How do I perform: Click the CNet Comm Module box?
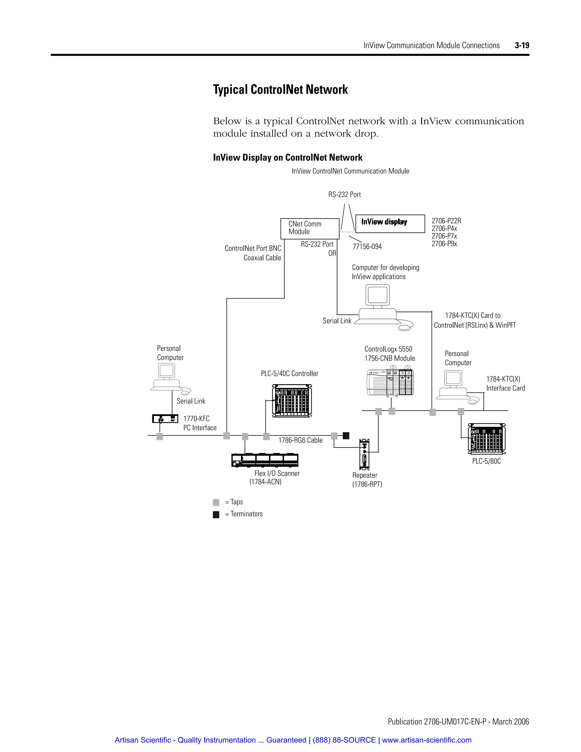click(310, 229)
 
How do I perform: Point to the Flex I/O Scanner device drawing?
click(265, 460)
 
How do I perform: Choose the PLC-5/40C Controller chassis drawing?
click(292, 401)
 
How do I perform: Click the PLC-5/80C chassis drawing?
click(486, 439)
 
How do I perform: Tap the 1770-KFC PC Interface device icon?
click(165, 419)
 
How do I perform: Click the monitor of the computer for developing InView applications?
click(378, 295)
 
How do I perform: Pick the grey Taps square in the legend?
click(216, 502)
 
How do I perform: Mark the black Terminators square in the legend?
click(216, 515)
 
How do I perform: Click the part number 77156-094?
click(367, 247)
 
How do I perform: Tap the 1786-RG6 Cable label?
click(300, 440)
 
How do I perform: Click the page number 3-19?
click(522, 45)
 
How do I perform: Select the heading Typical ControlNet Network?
click(280, 89)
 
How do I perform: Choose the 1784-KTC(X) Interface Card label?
click(505, 384)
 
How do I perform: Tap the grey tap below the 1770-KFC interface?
click(160, 437)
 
